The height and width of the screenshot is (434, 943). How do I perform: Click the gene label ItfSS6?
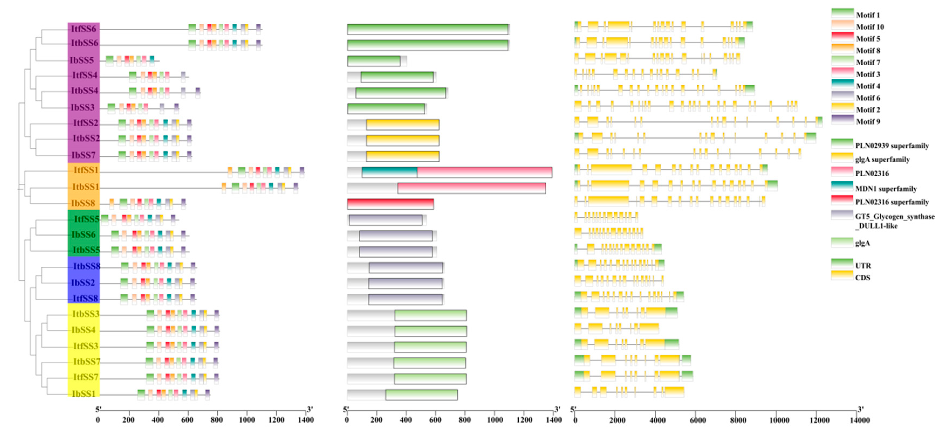click(83, 29)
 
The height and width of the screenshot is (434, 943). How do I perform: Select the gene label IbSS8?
click(83, 203)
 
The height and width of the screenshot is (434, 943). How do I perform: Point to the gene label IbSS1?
click(83, 394)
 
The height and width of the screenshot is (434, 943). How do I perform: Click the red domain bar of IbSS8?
click(390, 204)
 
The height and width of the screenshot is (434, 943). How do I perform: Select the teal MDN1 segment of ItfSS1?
click(389, 172)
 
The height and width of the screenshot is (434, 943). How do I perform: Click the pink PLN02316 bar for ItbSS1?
click(471, 188)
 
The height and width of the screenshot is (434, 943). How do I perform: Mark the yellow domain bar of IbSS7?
click(402, 156)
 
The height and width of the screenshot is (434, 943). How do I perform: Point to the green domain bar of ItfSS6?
click(428, 29)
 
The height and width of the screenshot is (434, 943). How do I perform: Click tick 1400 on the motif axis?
click(306, 420)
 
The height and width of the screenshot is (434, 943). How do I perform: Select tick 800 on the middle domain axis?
click(465, 420)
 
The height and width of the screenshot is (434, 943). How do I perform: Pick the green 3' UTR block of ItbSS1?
click(772, 186)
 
